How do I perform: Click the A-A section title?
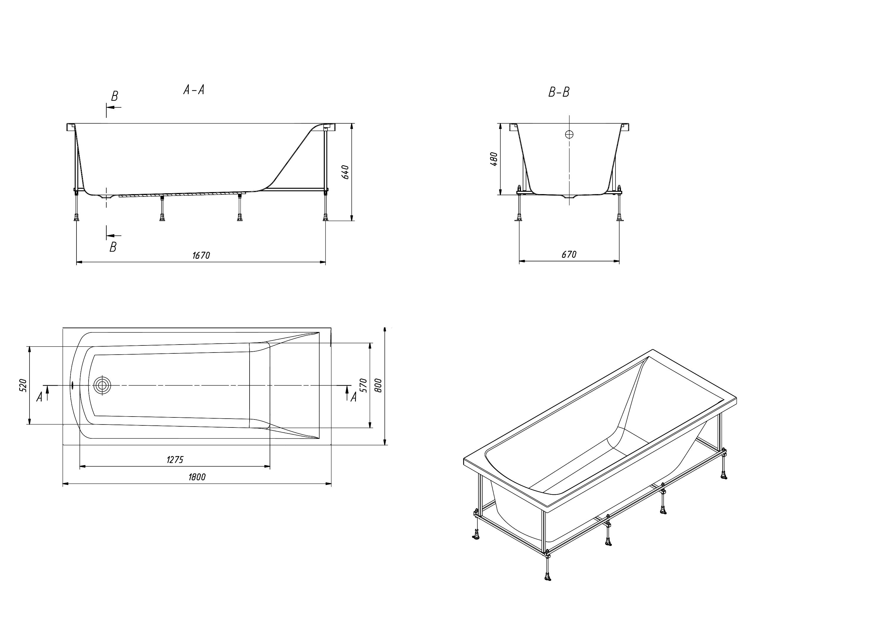click(193, 90)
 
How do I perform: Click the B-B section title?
click(559, 92)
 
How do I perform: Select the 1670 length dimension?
click(201, 255)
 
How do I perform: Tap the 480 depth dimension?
click(494, 159)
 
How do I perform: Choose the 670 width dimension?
click(569, 254)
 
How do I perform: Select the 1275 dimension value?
click(175, 460)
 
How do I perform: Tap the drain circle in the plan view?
click(102, 385)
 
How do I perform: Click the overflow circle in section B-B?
click(569, 134)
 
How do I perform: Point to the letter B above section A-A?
click(115, 96)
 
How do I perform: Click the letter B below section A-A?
click(113, 247)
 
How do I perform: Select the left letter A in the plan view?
click(39, 397)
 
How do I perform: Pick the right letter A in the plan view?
click(353, 397)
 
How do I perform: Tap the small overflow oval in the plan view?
click(72, 385)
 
